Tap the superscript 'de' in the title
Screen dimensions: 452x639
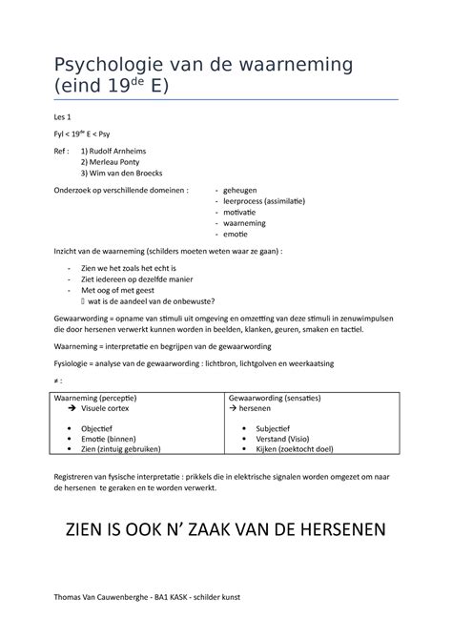coord(150,83)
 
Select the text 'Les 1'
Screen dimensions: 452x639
coord(67,116)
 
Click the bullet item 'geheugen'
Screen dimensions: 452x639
coord(242,191)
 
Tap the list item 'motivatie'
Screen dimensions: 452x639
coord(242,214)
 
